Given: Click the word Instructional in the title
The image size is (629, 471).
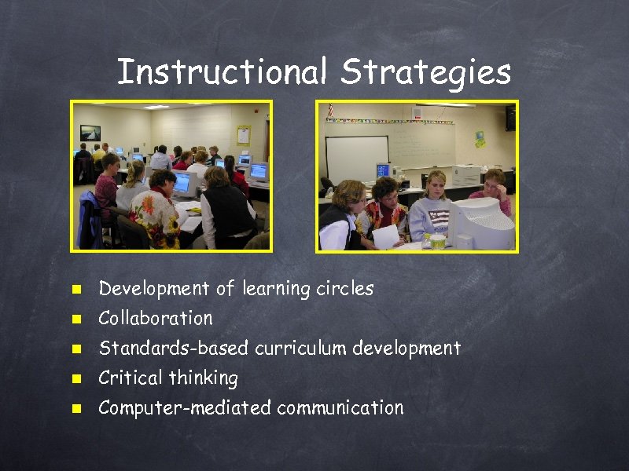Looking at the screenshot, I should (x=221, y=73).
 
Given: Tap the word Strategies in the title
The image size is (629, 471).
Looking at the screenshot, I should (x=426, y=73).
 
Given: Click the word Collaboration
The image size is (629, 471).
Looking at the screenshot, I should (x=156, y=319).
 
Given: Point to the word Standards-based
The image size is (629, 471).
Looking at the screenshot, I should (x=173, y=348).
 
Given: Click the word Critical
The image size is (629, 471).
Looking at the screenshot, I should (x=130, y=378).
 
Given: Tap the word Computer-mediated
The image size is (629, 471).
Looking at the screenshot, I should (x=185, y=408).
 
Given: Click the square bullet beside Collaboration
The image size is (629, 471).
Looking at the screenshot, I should (x=76, y=319).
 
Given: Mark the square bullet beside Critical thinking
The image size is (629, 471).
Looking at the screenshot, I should (x=76, y=379).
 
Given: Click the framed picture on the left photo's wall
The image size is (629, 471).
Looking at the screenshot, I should (x=90, y=133).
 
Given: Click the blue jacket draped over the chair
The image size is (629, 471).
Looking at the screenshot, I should (x=90, y=221).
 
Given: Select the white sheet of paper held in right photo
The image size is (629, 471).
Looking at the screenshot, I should (x=386, y=236).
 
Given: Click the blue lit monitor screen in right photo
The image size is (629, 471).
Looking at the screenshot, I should (x=383, y=170).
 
